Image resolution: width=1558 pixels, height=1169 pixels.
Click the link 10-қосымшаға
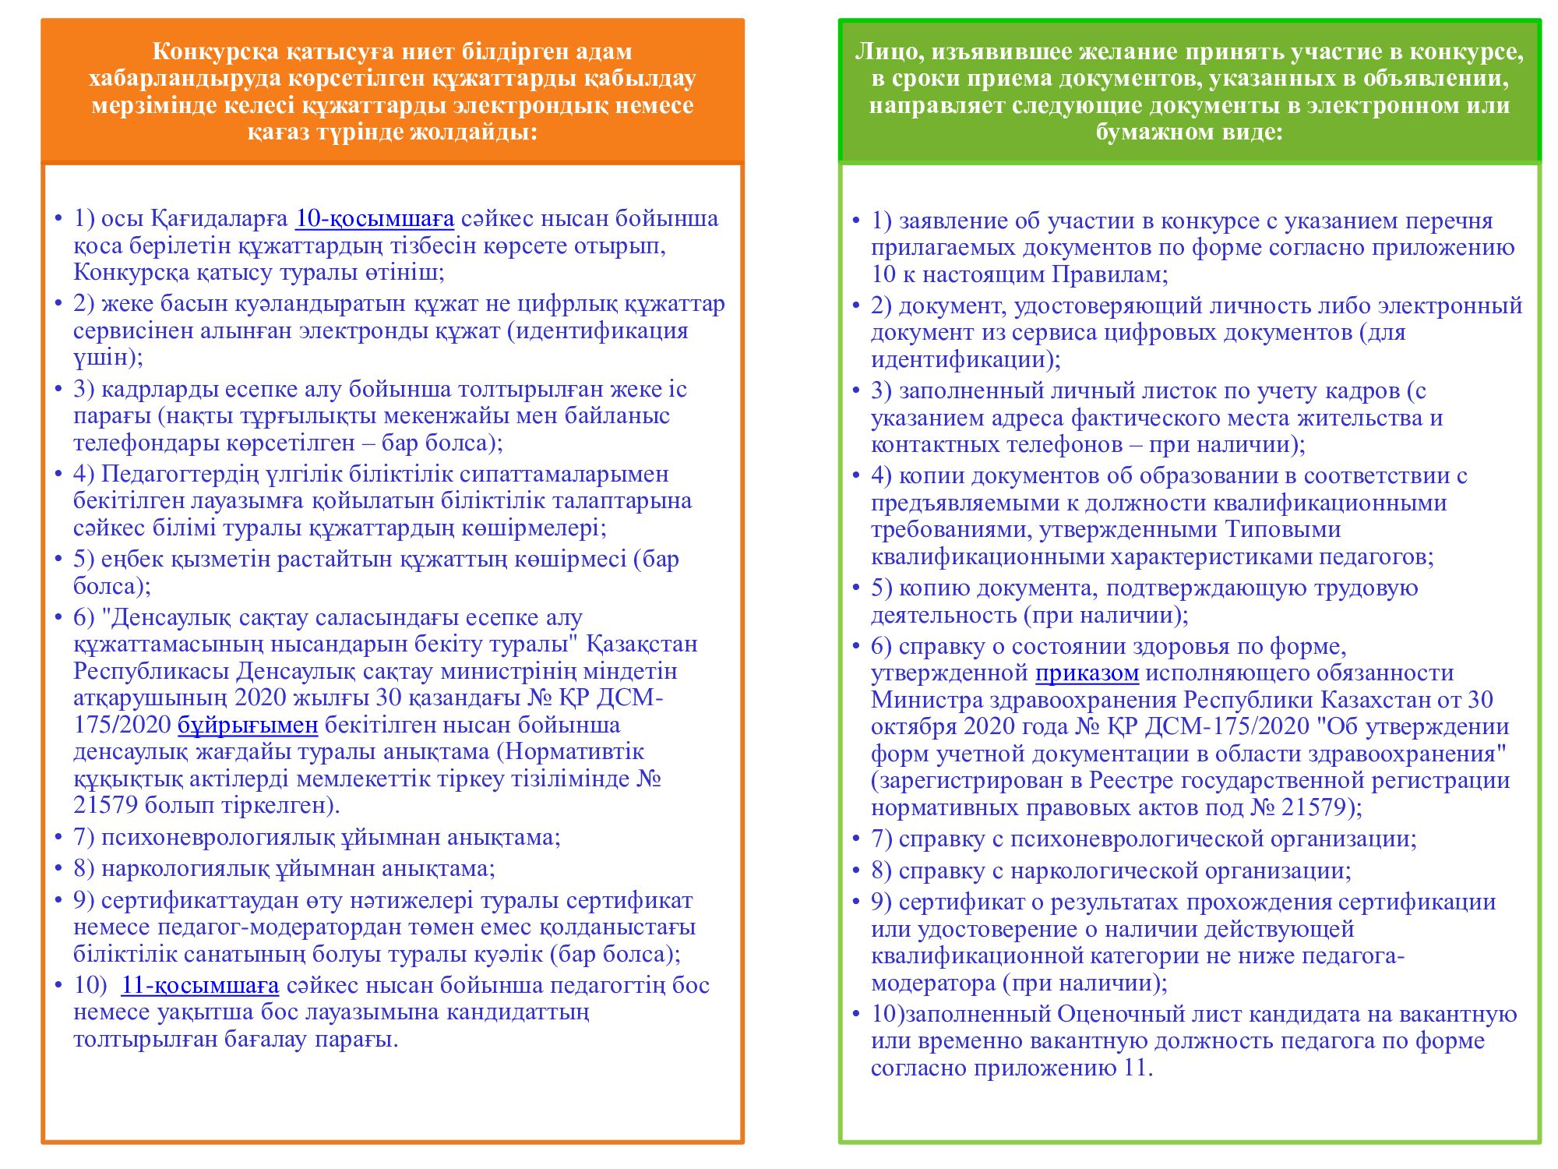pos(374,219)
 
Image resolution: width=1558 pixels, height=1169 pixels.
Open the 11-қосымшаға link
pos(199,986)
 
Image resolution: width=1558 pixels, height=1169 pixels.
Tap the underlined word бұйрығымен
pos(248,726)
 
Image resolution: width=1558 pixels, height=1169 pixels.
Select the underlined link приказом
pos(1087,673)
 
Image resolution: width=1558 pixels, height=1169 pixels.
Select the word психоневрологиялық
pos(217,838)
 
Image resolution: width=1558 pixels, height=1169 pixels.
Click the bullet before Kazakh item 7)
pos(59,838)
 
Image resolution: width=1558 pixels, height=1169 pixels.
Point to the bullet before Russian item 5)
pos(857,588)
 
